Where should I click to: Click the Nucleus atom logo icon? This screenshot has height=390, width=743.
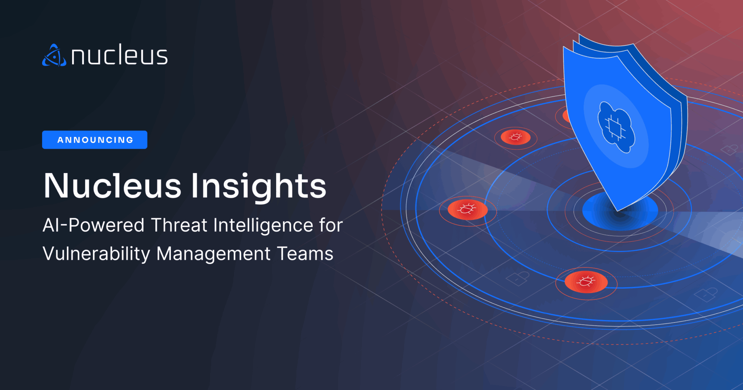tap(54, 56)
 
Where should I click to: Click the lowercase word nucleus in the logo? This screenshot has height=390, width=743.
tap(119, 56)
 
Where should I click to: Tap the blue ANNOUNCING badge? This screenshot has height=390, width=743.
tap(95, 140)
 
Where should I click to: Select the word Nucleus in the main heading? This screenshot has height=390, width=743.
tap(112, 186)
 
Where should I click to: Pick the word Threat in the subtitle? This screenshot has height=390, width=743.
tap(179, 225)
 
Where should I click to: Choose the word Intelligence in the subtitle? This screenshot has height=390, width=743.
tap(263, 225)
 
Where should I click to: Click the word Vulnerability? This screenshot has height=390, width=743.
tap(96, 254)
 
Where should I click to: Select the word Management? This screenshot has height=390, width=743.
tap(213, 254)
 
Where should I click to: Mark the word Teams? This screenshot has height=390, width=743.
tap(305, 254)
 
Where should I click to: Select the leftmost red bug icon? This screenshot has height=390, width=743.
tap(467, 209)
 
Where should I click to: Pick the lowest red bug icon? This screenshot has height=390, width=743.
tap(586, 282)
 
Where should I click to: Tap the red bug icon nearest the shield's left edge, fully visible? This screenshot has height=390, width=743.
tap(516, 137)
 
